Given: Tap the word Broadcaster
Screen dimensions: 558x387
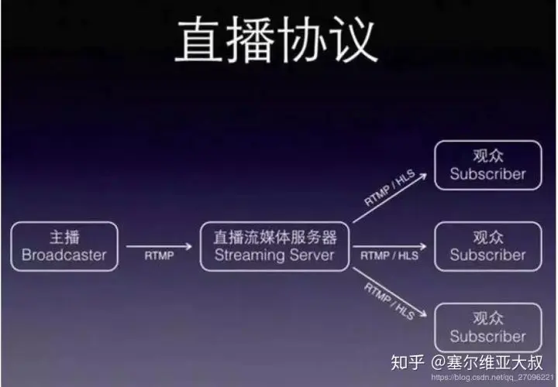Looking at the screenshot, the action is tap(64, 255).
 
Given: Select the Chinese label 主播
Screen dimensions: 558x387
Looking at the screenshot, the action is tap(64, 237).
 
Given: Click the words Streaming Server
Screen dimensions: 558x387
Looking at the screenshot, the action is tap(274, 255).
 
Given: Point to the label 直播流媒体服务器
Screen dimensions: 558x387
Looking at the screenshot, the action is tap(274, 237).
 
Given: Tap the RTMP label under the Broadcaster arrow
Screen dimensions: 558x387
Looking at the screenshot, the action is tap(158, 255).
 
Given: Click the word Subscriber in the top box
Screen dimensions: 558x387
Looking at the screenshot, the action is tap(487, 174).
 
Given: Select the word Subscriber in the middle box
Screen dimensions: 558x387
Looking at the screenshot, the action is tap(487, 255).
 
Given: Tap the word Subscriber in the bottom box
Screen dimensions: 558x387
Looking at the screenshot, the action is tap(487, 337).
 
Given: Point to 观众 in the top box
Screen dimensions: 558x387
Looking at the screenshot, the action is tap(487, 155).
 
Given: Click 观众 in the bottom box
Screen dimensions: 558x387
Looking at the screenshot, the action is tap(487, 317).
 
